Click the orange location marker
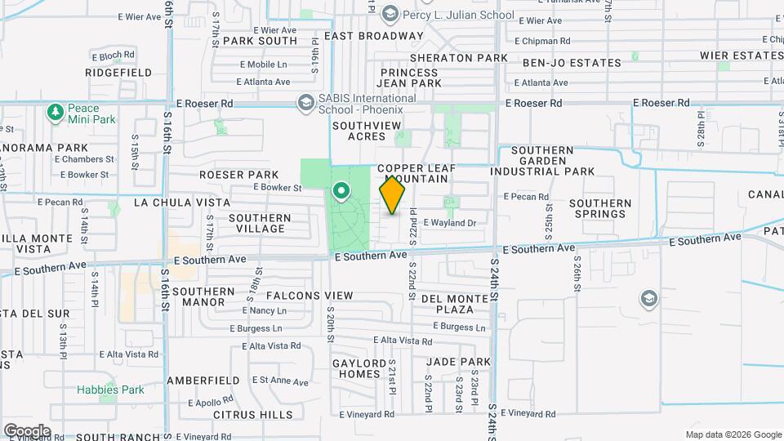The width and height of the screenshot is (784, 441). (x=393, y=195)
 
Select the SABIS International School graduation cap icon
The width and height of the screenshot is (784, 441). (x=306, y=102)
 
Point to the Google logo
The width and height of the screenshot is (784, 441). (x=26, y=430)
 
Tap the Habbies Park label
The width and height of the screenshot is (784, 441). (x=110, y=390)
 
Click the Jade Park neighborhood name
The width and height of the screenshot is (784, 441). (x=458, y=362)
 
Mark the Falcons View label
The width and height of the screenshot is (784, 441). (x=310, y=296)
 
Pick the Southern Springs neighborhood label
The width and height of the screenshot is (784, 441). (x=600, y=209)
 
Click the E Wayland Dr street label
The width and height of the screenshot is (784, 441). (x=448, y=223)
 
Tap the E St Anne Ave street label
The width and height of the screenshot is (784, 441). (x=280, y=381)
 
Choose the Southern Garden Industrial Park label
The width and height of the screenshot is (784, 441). (x=542, y=161)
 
